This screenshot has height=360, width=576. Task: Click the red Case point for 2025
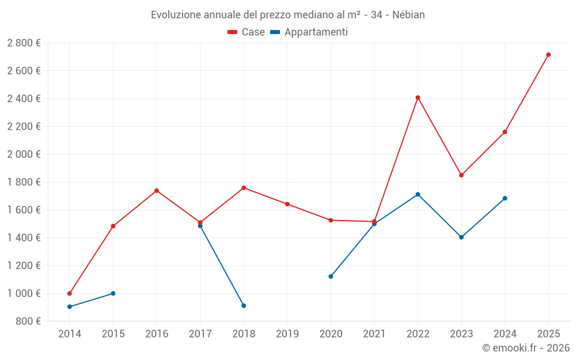(x=548, y=55)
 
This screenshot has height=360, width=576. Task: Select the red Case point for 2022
(x=418, y=97)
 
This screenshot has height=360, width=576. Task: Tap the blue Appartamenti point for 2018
(x=244, y=305)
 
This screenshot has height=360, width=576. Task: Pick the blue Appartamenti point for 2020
(x=331, y=276)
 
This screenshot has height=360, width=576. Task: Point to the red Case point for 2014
(x=70, y=293)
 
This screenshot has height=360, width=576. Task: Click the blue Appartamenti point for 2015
(x=113, y=293)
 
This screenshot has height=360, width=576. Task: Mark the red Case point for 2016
(x=157, y=191)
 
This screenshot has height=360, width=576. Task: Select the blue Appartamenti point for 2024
(x=505, y=198)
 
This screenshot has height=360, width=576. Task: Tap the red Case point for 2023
(x=461, y=175)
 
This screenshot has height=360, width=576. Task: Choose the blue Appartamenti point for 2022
(x=418, y=194)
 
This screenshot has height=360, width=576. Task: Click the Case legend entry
(x=247, y=32)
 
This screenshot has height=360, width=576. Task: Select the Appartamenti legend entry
(x=309, y=32)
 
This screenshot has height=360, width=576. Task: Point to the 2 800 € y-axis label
(x=24, y=43)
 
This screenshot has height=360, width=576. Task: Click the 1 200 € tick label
(x=24, y=266)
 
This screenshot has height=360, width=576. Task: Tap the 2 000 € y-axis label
(x=24, y=154)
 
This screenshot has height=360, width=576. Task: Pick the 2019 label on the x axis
(x=287, y=334)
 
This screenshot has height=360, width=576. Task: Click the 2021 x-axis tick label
(x=374, y=334)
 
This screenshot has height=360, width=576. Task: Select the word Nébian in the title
(x=408, y=15)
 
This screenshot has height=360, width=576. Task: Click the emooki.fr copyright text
(x=525, y=348)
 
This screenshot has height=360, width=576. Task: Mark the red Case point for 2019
(x=287, y=204)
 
